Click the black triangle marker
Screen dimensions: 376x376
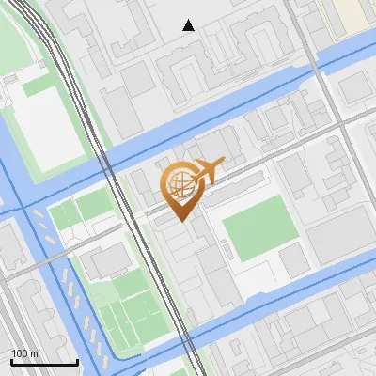tap(189, 25)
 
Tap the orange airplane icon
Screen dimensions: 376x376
tap(208, 170)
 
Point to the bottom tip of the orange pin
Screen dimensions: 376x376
tap(180, 221)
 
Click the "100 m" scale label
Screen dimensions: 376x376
tap(24, 353)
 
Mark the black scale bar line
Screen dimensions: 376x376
tap(44, 362)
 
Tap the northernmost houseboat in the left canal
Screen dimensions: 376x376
tap(38, 215)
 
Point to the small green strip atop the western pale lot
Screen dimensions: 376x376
tap(38, 86)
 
